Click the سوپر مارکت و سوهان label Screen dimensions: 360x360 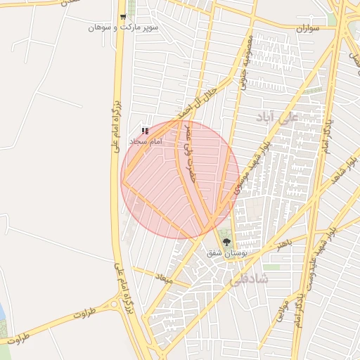coord(122,27)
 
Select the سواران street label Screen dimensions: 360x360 coord(307,28)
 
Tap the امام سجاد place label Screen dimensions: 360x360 coord(145,141)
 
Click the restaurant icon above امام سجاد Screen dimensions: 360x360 coord(145,131)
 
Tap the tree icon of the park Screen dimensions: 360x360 coord(226,242)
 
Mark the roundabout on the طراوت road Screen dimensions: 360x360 coord(113,304)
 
